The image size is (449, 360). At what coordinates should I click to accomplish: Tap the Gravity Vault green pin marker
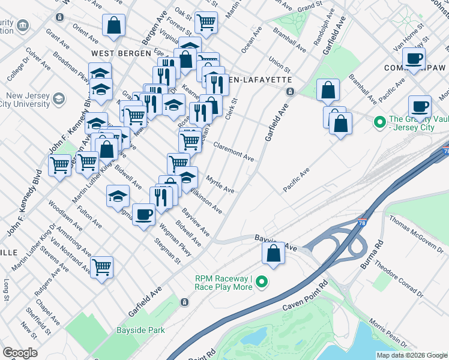379,124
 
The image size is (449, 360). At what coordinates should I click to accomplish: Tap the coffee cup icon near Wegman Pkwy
143,214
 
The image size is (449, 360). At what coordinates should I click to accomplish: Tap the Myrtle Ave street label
220,184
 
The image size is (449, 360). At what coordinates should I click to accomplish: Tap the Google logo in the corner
20,353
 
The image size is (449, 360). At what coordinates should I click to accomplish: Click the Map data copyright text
412,355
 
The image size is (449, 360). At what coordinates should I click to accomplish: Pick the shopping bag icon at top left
113,25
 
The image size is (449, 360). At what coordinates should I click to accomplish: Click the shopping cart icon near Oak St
206,22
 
